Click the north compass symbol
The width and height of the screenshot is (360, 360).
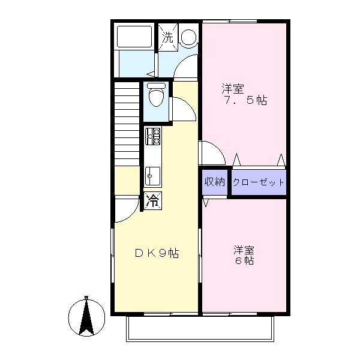[86, 317]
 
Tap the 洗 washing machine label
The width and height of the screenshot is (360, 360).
[167, 37]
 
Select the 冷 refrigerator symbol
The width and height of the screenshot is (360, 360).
[153, 201]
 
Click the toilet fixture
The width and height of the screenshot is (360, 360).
[156, 95]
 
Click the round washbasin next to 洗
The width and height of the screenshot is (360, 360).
[188, 37]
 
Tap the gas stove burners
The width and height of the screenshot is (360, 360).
[152, 137]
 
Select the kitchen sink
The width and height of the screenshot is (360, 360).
[152, 175]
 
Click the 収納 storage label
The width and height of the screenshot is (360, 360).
[214, 182]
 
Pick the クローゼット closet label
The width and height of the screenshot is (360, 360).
[258, 182]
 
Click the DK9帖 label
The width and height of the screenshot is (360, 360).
[155, 253]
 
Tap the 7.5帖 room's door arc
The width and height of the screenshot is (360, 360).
[210, 152]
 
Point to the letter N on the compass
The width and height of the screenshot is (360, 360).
[86, 298]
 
